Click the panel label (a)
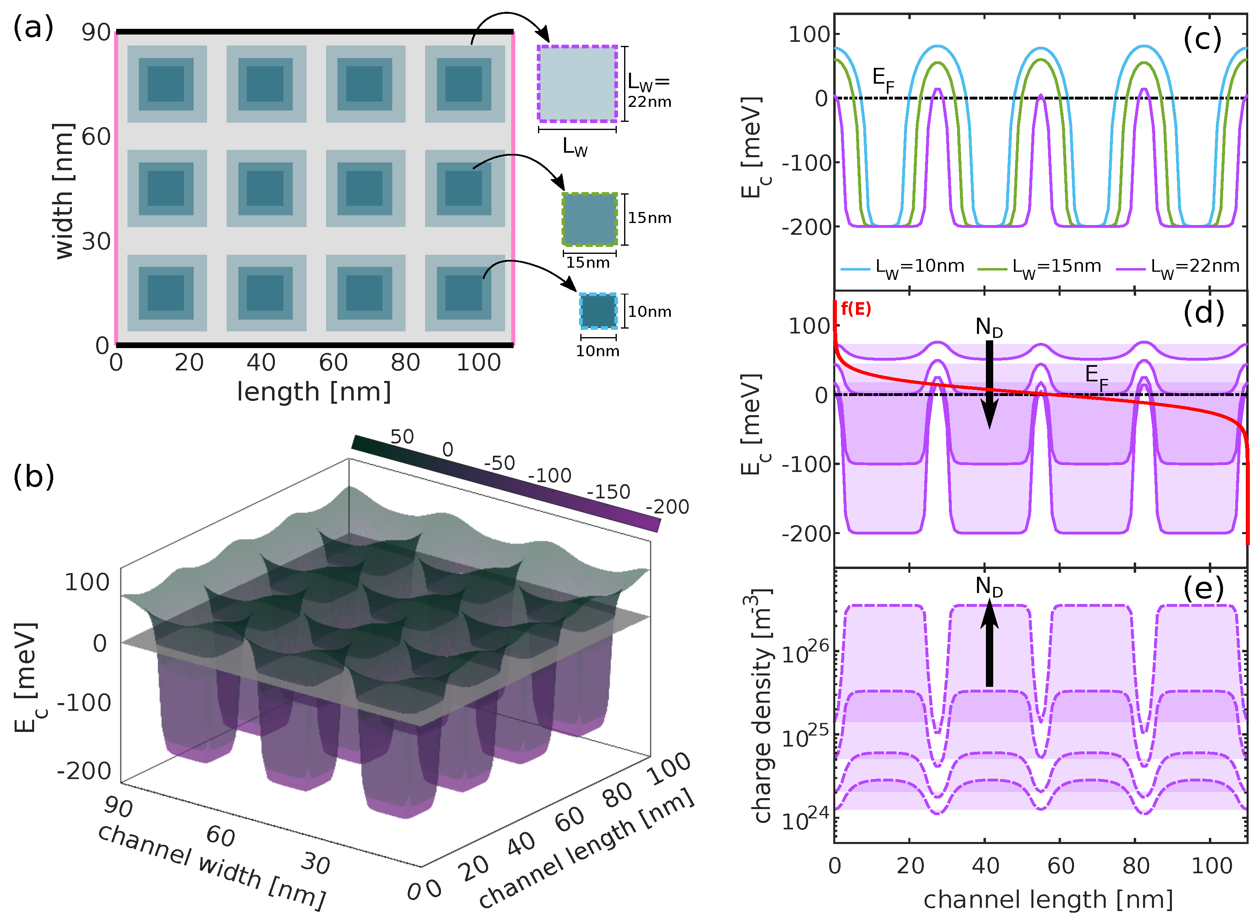tap(33, 27)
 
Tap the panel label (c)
tap(1202, 40)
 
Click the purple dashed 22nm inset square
tap(577, 84)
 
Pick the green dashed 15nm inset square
tap(589, 219)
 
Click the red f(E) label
tap(856, 309)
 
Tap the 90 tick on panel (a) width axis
tap(96, 33)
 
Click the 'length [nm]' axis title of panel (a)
tap(313, 392)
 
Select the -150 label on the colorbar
tap(608, 492)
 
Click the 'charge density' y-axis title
tap(762, 706)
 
